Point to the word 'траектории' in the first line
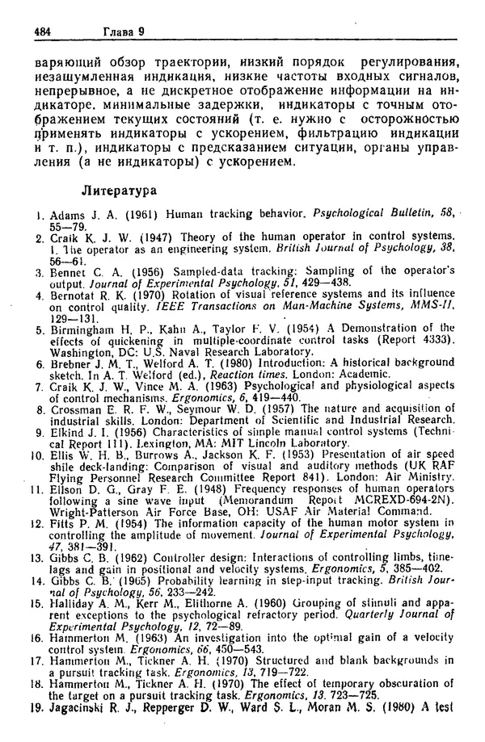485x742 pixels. pyautogui.click(x=188, y=60)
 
